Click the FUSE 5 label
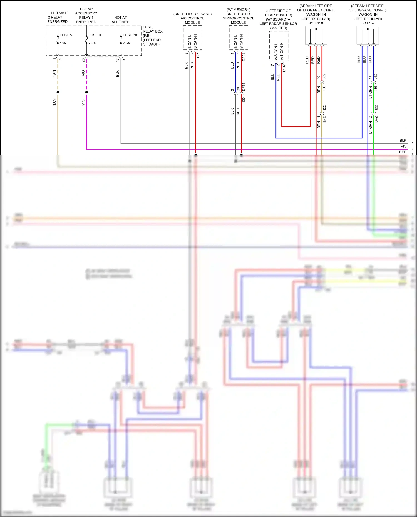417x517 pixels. [x=66, y=35]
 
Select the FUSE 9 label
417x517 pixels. [x=95, y=35]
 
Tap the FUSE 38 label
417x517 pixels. [x=130, y=35]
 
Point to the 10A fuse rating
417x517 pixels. [x=63, y=43]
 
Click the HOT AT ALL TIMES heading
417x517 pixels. [x=120, y=19]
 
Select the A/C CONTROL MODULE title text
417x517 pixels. [x=192, y=18]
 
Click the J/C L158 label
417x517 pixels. [x=316, y=23]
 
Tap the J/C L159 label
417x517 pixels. [x=368, y=23]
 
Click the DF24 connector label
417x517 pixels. [x=244, y=57]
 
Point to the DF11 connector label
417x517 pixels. [x=244, y=87]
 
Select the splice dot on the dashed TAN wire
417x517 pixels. [x=58, y=92]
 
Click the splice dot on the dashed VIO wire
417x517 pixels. [x=86, y=92]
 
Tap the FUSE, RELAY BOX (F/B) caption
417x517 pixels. [x=152, y=36]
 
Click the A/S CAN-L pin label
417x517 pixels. [x=276, y=51]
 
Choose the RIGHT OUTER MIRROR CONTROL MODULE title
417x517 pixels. [x=238, y=16]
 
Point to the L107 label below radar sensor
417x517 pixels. [x=284, y=68]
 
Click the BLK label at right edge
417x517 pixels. [x=403, y=141]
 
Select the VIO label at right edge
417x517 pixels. [x=403, y=146]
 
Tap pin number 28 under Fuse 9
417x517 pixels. [x=83, y=60]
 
